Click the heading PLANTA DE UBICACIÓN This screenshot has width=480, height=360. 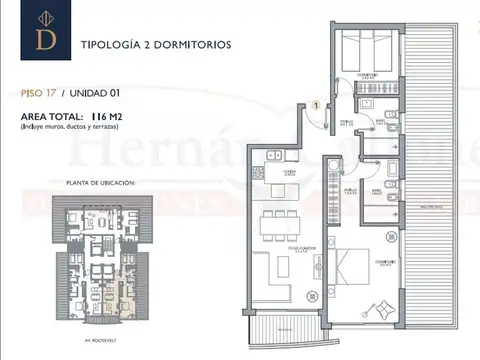[x=100, y=183]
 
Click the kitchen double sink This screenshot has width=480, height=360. [x=272, y=156]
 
